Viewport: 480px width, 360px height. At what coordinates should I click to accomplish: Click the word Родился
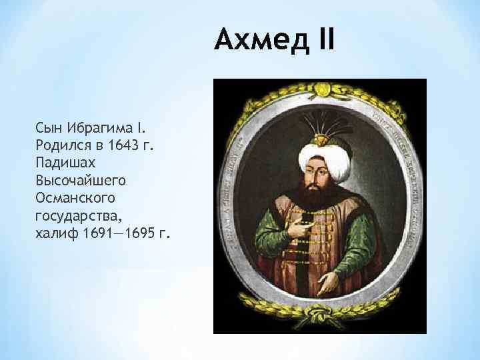pos(63,145)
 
